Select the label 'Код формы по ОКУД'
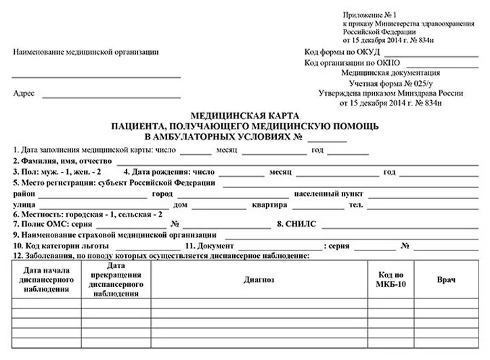(x=342, y=52)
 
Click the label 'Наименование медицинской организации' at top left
(x=85, y=52)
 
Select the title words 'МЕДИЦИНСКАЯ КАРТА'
(x=244, y=116)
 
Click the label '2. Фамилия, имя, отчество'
(x=62, y=161)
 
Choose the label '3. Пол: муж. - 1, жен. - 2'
(x=58, y=172)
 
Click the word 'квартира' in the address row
(x=266, y=204)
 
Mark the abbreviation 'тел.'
(x=355, y=204)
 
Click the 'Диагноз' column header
(x=259, y=279)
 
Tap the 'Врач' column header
(x=446, y=279)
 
